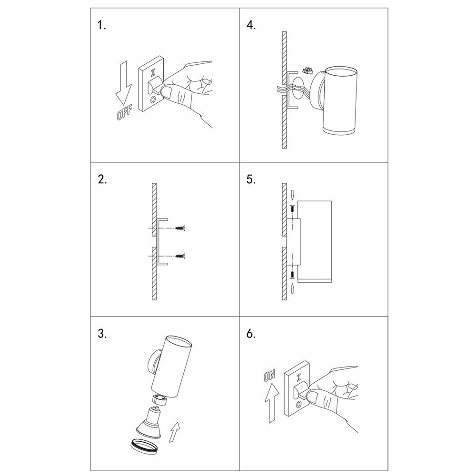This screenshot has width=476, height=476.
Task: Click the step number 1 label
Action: click(x=102, y=25)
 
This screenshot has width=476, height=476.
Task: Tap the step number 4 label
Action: click(x=251, y=25)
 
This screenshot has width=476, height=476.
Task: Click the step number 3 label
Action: click(x=102, y=333)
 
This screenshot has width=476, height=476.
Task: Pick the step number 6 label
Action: click(x=251, y=333)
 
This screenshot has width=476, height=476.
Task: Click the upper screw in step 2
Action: click(x=180, y=229)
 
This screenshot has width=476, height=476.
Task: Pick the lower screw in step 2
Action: click(x=180, y=256)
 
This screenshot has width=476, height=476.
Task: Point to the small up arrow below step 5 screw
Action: click(x=292, y=287)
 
